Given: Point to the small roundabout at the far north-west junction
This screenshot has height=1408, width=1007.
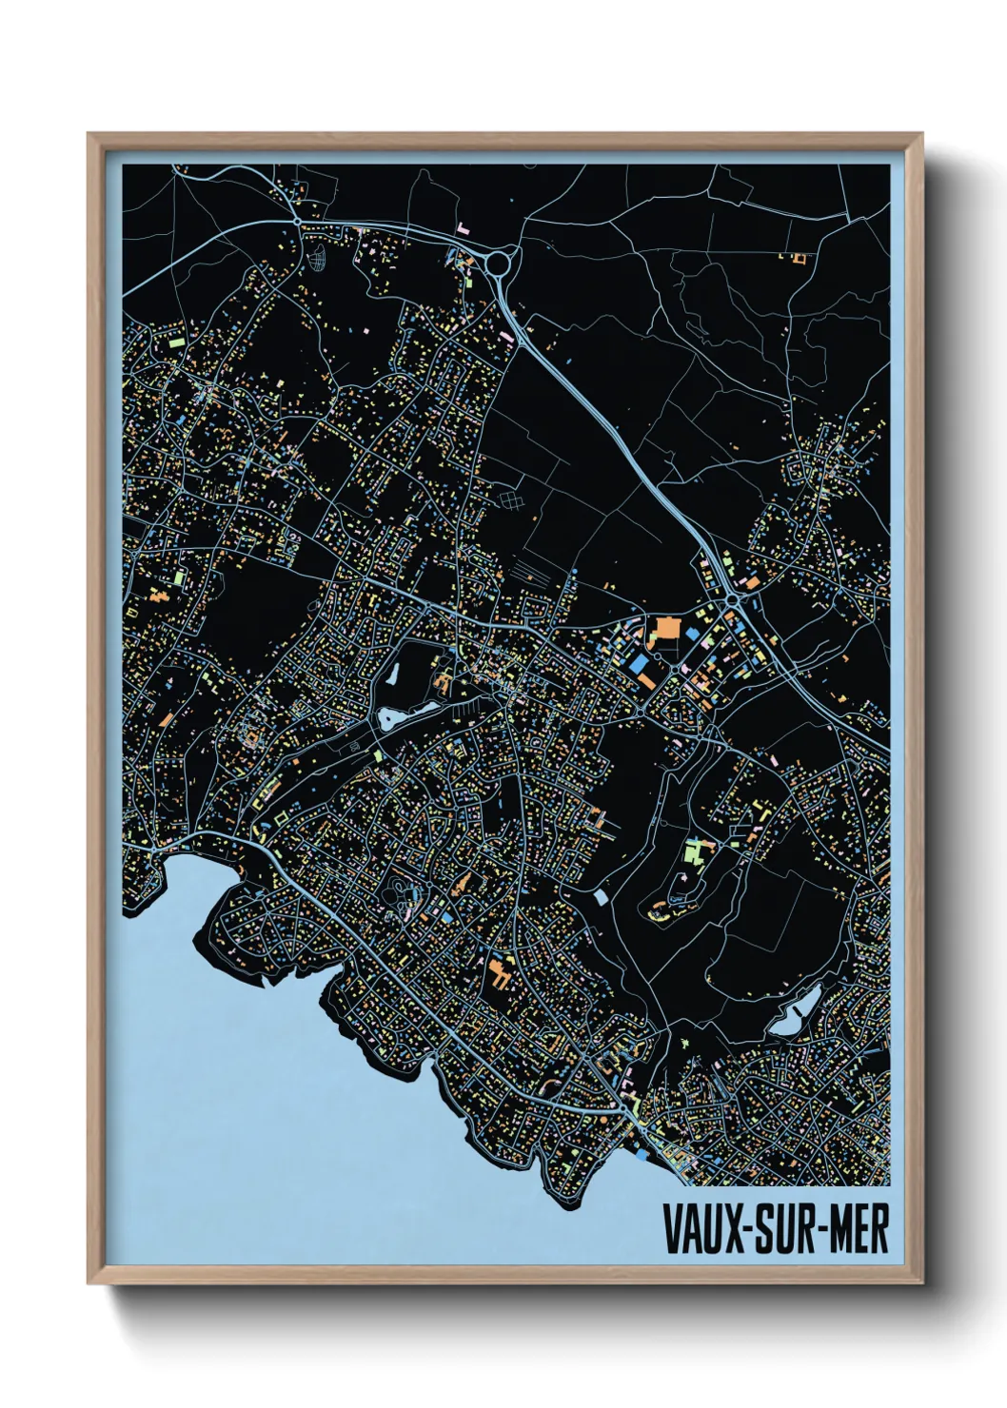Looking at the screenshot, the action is [x=298, y=222].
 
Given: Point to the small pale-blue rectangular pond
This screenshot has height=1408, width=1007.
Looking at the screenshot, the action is [x=601, y=897].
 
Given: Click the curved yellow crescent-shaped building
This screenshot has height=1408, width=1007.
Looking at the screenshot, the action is [x=656, y=914].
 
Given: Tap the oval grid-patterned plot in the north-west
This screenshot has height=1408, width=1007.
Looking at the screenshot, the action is [x=315, y=257].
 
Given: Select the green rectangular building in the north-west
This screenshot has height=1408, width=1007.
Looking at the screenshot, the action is [x=176, y=339].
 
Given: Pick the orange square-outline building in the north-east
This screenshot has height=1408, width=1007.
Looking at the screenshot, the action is [x=799, y=257].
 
